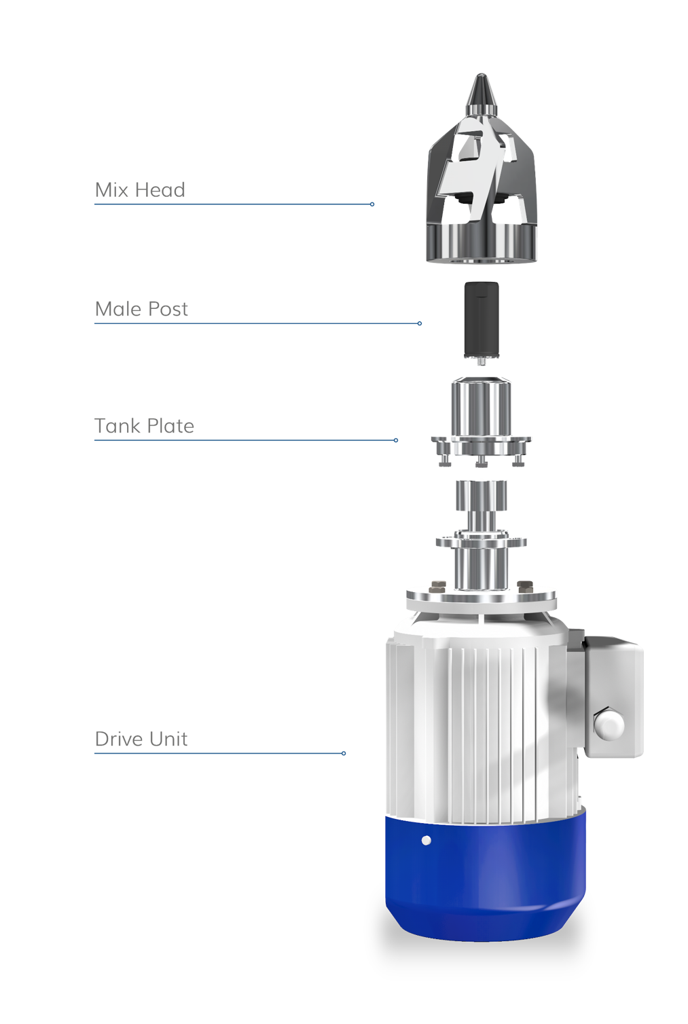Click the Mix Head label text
140,189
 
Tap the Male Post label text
141,309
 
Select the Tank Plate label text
144,426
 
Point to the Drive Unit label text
141,739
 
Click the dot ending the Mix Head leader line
372,204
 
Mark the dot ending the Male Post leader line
420,323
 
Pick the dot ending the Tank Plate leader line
396,440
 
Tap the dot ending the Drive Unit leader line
344,753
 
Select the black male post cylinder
481,319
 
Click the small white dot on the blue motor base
426,840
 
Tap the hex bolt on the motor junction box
609,725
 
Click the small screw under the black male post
481,362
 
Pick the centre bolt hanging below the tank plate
482,463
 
